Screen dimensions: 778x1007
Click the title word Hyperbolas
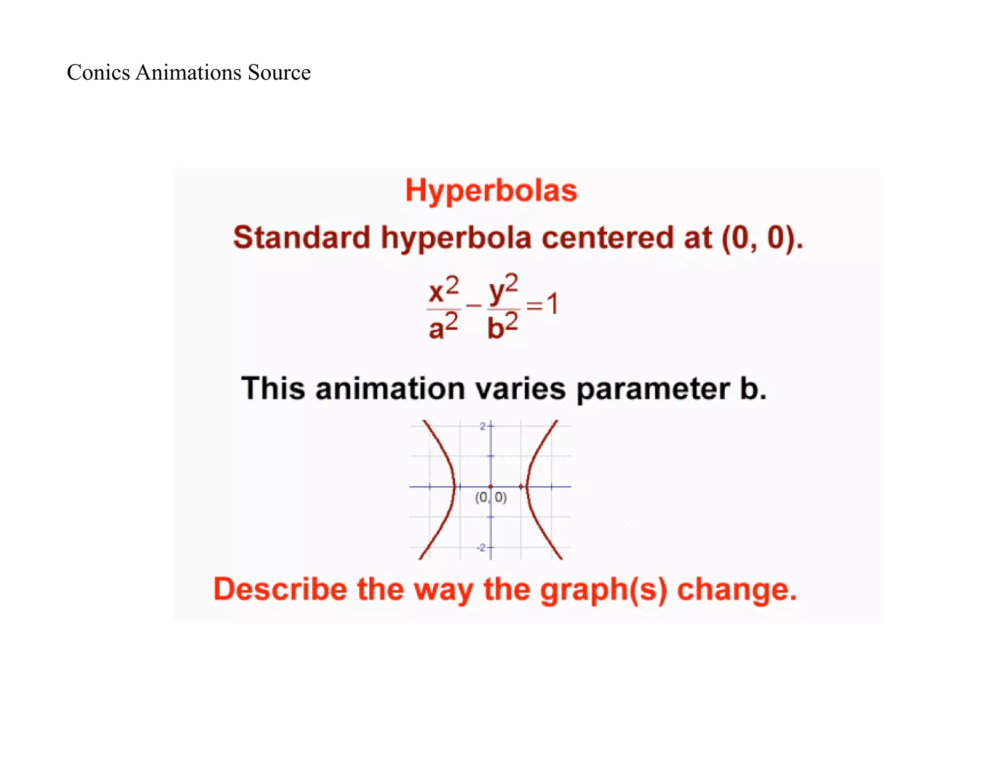pos(491,191)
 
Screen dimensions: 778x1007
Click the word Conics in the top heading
pos(98,72)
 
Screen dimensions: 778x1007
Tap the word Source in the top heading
pos(279,72)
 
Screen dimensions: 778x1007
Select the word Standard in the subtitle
pos(301,238)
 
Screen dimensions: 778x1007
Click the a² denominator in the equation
pos(443,327)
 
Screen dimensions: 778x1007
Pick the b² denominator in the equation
pos(502,327)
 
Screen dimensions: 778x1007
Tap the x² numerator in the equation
pos(444,290)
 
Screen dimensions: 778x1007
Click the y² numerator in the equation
pos(503,289)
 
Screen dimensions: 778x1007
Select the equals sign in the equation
pos(534,306)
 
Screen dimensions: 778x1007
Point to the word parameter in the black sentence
pos(652,389)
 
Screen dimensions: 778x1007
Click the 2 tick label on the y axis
pos(482,426)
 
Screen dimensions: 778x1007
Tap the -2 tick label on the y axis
pos(481,547)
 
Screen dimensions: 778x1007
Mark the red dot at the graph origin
pos(491,486)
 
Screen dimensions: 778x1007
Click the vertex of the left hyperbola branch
pos(455,486)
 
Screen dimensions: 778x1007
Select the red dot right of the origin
pos(521,486)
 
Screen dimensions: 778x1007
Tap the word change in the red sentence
pos(736,589)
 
